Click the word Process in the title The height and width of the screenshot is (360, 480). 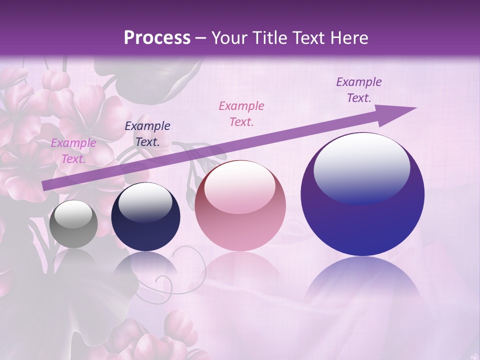(x=157, y=38)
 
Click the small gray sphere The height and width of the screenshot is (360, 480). (x=73, y=224)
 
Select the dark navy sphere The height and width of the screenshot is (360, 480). (x=145, y=217)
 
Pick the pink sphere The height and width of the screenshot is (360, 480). (x=240, y=206)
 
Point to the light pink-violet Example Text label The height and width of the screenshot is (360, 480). (x=73, y=151)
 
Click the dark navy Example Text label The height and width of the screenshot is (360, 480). (x=147, y=134)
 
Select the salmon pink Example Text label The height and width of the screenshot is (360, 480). (x=241, y=113)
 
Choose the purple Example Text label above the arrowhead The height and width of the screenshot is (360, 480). (x=359, y=90)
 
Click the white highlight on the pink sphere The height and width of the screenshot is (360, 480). (x=240, y=186)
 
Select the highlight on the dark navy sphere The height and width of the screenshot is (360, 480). (x=145, y=202)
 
